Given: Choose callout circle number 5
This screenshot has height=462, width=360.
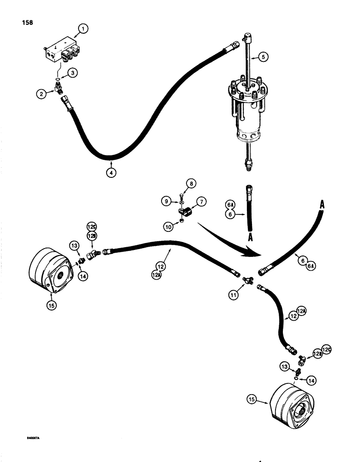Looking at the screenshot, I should click(263, 57).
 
